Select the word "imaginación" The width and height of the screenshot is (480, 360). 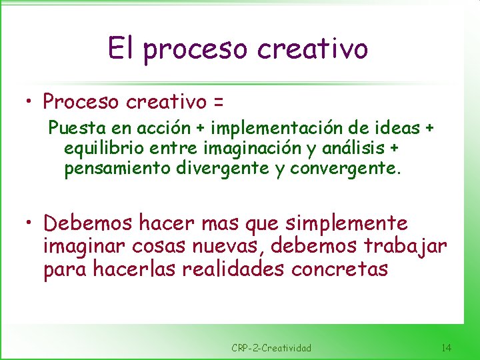(x=244, y=148)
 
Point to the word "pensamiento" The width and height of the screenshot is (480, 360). (x=117, y=169)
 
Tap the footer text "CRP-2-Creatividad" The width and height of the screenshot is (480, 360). (x=271, y=347)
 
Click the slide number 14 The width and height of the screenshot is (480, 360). (x=446, y=347)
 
